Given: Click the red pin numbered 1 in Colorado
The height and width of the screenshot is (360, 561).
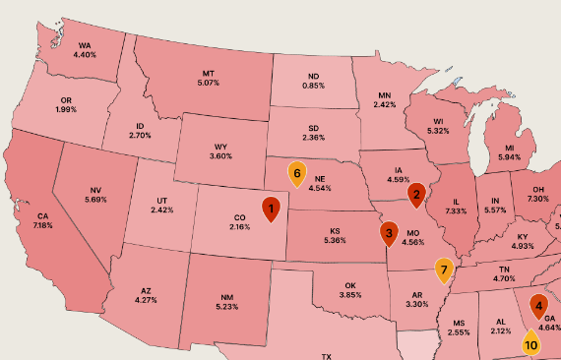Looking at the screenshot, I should click(x=271, y=208).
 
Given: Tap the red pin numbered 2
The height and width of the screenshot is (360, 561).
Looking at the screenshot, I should click(x=416, y=195).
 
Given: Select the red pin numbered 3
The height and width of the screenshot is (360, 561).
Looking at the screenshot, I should click(x=389, y=234).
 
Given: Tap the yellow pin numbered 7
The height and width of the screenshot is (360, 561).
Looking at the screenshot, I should click(x=444, y=269).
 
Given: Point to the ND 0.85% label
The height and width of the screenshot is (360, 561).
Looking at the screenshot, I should click(x=314, y=81).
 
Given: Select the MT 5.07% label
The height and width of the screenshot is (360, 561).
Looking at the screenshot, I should click(x=208, y=78).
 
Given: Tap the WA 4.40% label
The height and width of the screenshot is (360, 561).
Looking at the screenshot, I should click(x=85, y=50).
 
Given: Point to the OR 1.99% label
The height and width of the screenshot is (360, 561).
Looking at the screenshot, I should click(x=66, y=104).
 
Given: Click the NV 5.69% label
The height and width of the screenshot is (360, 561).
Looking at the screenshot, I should click(x=96, y=195).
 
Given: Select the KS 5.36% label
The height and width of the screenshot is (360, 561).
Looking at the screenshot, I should click(x=336, y=236).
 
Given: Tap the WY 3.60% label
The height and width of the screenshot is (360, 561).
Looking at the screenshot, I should click(x=220, y=151).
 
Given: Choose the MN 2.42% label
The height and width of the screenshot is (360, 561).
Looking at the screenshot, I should click(x=384, y=99).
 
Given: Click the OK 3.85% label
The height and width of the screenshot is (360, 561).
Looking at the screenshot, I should click(x=351, y=290).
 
